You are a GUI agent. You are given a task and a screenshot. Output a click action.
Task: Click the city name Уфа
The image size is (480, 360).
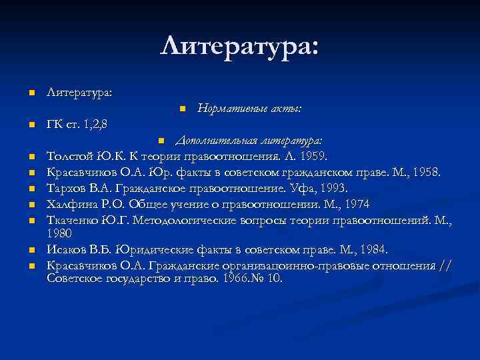pyautogui.click(x=297, y=188)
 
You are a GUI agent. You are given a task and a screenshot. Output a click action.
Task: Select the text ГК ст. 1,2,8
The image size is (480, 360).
pyautogui.click(x=78, y=123)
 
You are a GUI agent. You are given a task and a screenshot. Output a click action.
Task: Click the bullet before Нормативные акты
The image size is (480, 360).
pyautogui.click(x=182, y=108)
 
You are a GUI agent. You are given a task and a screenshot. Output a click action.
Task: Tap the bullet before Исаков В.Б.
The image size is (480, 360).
pyautogui.click(x=31, y=250)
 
